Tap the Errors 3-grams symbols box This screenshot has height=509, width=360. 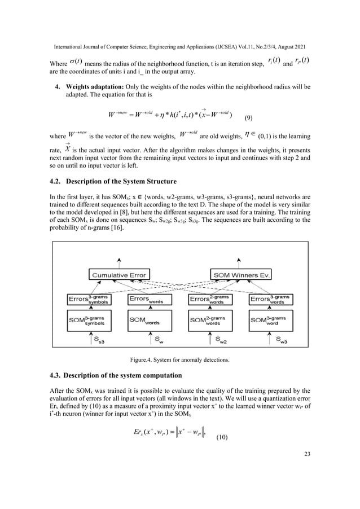click(x=88, y=298)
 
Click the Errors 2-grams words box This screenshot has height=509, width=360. click(x=212, y=298)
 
